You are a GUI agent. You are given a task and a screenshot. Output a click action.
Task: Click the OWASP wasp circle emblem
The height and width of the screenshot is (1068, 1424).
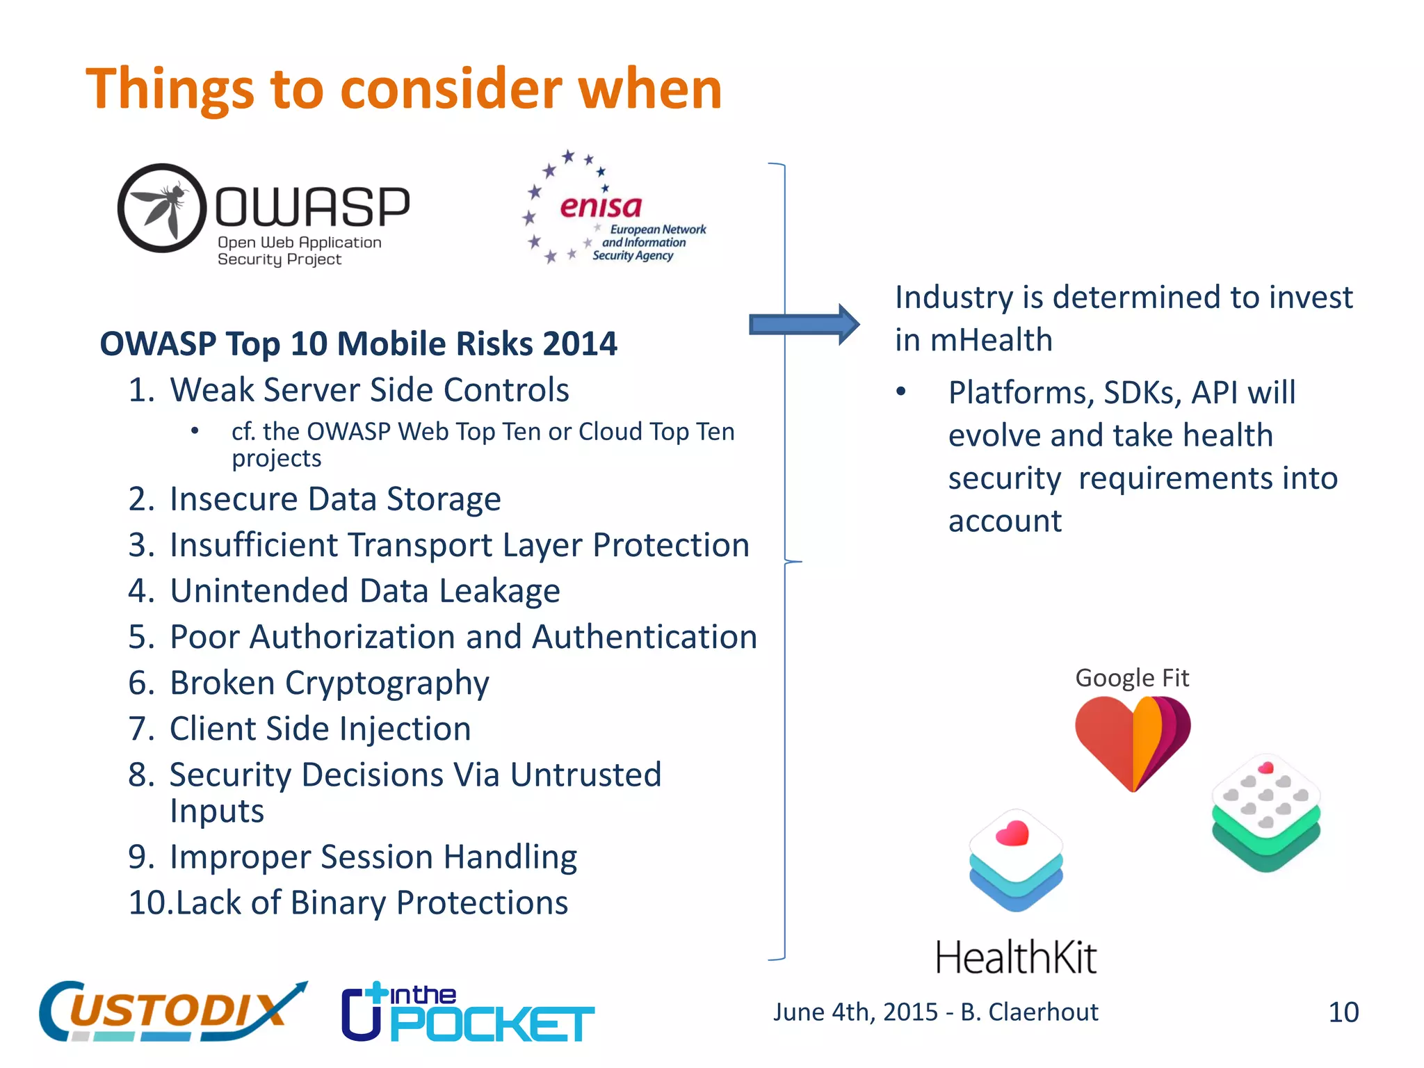tap(162, 208)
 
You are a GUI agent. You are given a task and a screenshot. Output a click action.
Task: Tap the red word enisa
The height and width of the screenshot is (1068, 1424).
tap(601, 207)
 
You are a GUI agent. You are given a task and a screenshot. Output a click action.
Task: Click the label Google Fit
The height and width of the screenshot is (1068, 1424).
tap(1132, 678)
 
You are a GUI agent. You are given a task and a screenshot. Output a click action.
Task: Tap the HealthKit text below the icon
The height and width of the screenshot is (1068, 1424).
tap(1016, 957)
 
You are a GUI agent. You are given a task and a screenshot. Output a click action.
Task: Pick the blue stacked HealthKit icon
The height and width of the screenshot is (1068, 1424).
tap(1016, 860)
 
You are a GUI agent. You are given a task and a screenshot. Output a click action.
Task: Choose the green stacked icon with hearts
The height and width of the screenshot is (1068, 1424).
tap(1265, 812)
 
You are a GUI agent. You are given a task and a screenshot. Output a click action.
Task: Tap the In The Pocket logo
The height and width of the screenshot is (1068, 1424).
tap(467, 1013)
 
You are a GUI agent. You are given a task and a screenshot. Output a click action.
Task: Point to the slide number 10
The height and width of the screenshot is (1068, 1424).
tap(1343, 1012)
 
